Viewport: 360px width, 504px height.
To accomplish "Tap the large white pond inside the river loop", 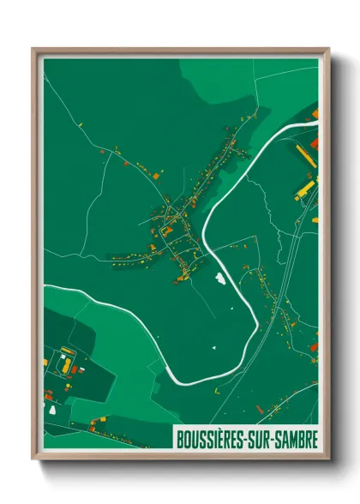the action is point(221,279).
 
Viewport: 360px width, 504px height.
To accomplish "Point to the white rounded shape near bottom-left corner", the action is point(52,408).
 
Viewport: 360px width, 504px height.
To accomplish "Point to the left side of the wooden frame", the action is point(36,257).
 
